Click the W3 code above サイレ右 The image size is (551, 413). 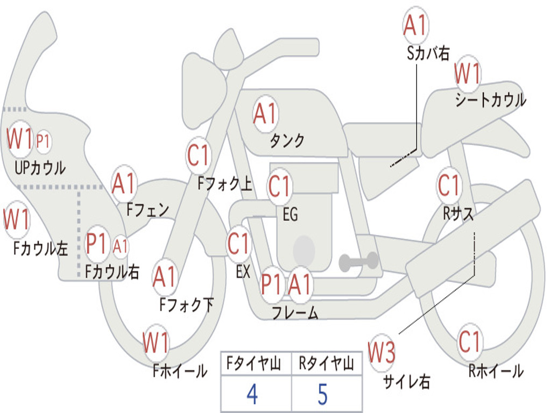(382, 352)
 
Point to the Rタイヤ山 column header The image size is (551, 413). (326, 365)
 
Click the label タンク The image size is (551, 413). (287, 141)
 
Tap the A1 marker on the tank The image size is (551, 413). (265, 114)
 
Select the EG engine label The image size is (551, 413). (290, 215)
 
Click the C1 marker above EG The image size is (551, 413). (280, 187)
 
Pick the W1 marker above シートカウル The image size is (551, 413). (467, 74)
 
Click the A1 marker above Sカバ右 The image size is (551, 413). (415, 25)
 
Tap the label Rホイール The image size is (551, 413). (496, 371)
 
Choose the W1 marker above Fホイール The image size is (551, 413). (156, 343)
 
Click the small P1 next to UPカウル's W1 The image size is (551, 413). (43, 141)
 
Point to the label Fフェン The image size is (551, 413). (147, 209)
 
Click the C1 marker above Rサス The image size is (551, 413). (449, 186)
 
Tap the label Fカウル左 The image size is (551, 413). (41, 248)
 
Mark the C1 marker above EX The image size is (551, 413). (239, 244)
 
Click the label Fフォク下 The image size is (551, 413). (186, 305)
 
